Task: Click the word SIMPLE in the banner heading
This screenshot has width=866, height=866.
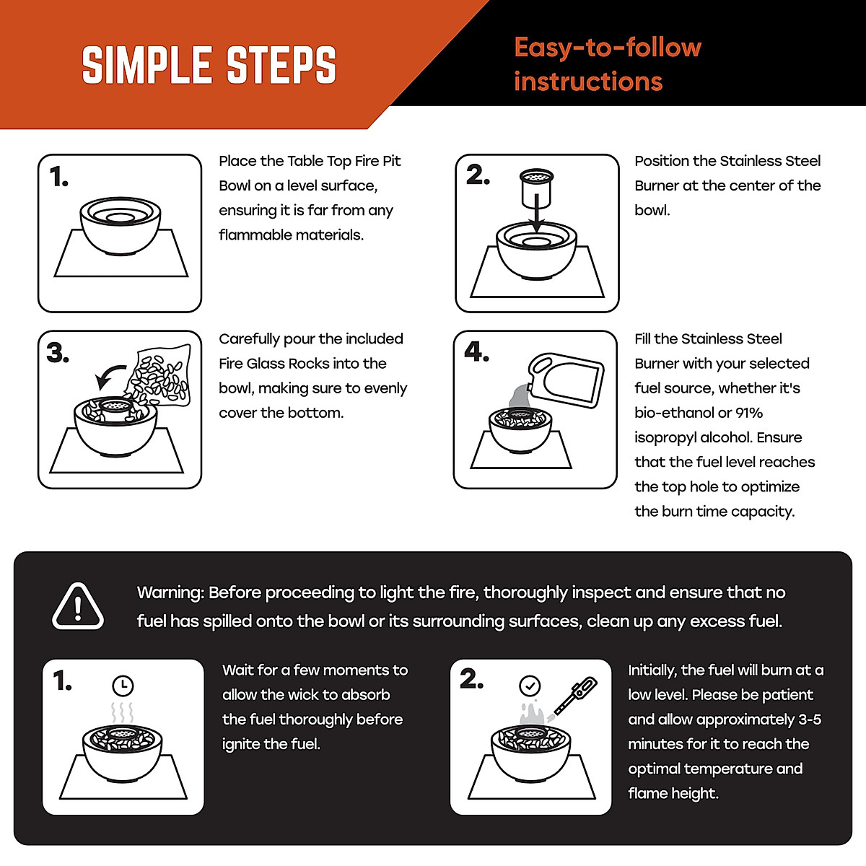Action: pyautogui.click(x=146, y=65)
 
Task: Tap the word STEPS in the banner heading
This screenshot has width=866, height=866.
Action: pyautogui.click(x=281, y=65)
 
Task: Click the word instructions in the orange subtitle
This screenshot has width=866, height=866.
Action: pyautogui.click(x=588, y=82)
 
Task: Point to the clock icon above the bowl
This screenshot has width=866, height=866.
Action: pyautogui.click(x=123, y=686)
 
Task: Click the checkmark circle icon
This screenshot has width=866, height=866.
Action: pyautogui.click(x=530, y=686)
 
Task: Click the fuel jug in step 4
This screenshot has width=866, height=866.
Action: pyautogui.click(x=565, y=380)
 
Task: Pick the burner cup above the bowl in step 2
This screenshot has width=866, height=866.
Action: pyautogui.click(x=536, y=188)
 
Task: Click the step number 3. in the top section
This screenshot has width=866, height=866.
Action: pyautogui.click(x=58, y=352)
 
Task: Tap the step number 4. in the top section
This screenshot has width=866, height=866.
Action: pyautogui.click(x=477, y=351)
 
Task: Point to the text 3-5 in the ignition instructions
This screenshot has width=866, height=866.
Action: pyautogui.click(x=810, y=719)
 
